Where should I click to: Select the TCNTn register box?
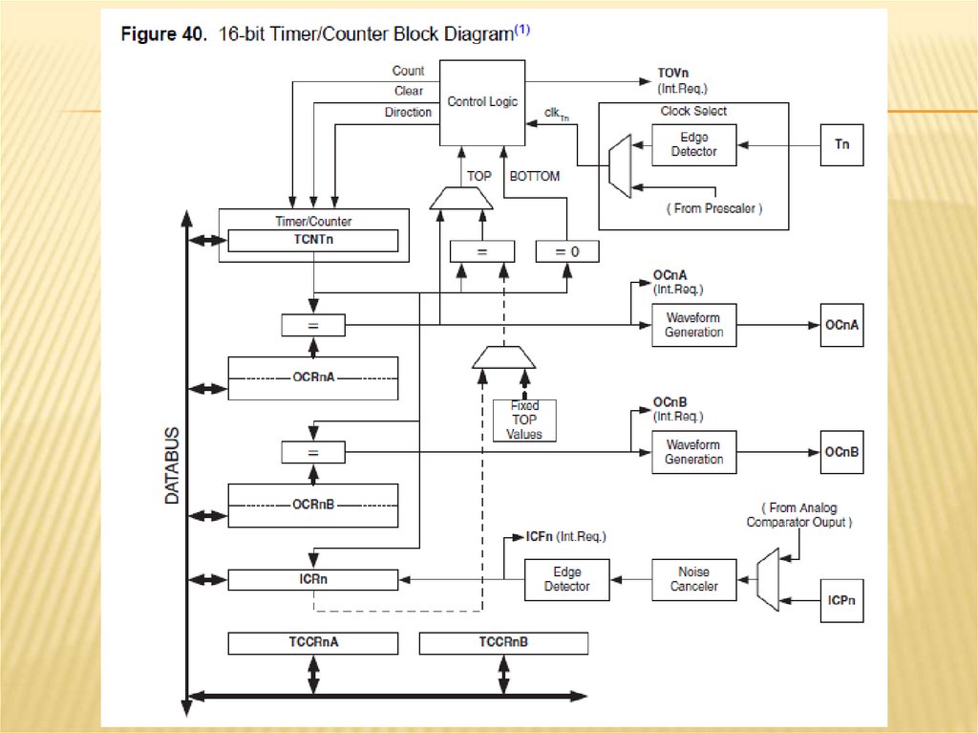pos(313,240)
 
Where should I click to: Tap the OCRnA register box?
pos(313,377)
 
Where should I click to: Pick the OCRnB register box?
pos(313,505)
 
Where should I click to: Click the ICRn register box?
pos(313,579)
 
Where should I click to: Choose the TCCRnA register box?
pos(313,643)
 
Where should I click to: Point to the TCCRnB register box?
pos(503,643)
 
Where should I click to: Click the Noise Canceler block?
pos(694,579)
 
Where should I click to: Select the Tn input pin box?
pos(841,145)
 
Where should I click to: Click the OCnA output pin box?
pos(841,325)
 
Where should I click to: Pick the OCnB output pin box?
pos(841,452)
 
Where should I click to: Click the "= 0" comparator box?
pos(567,251)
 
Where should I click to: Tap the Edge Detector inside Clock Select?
pos(693,144)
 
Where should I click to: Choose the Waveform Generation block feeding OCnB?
pos(694,452)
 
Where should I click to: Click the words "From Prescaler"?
pos(715,208)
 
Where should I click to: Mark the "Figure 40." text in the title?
pos(159,34)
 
